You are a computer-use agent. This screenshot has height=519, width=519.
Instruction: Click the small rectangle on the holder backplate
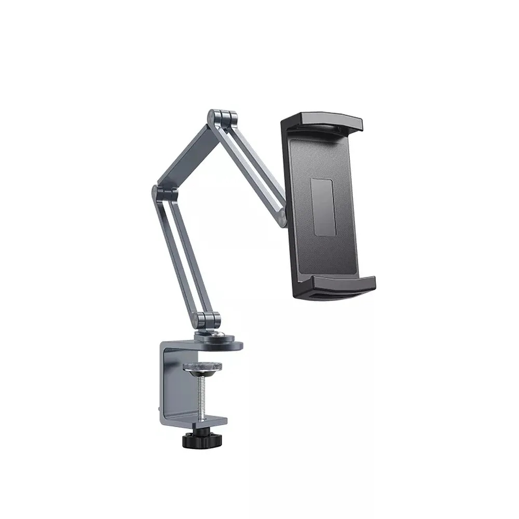coord(323,208)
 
